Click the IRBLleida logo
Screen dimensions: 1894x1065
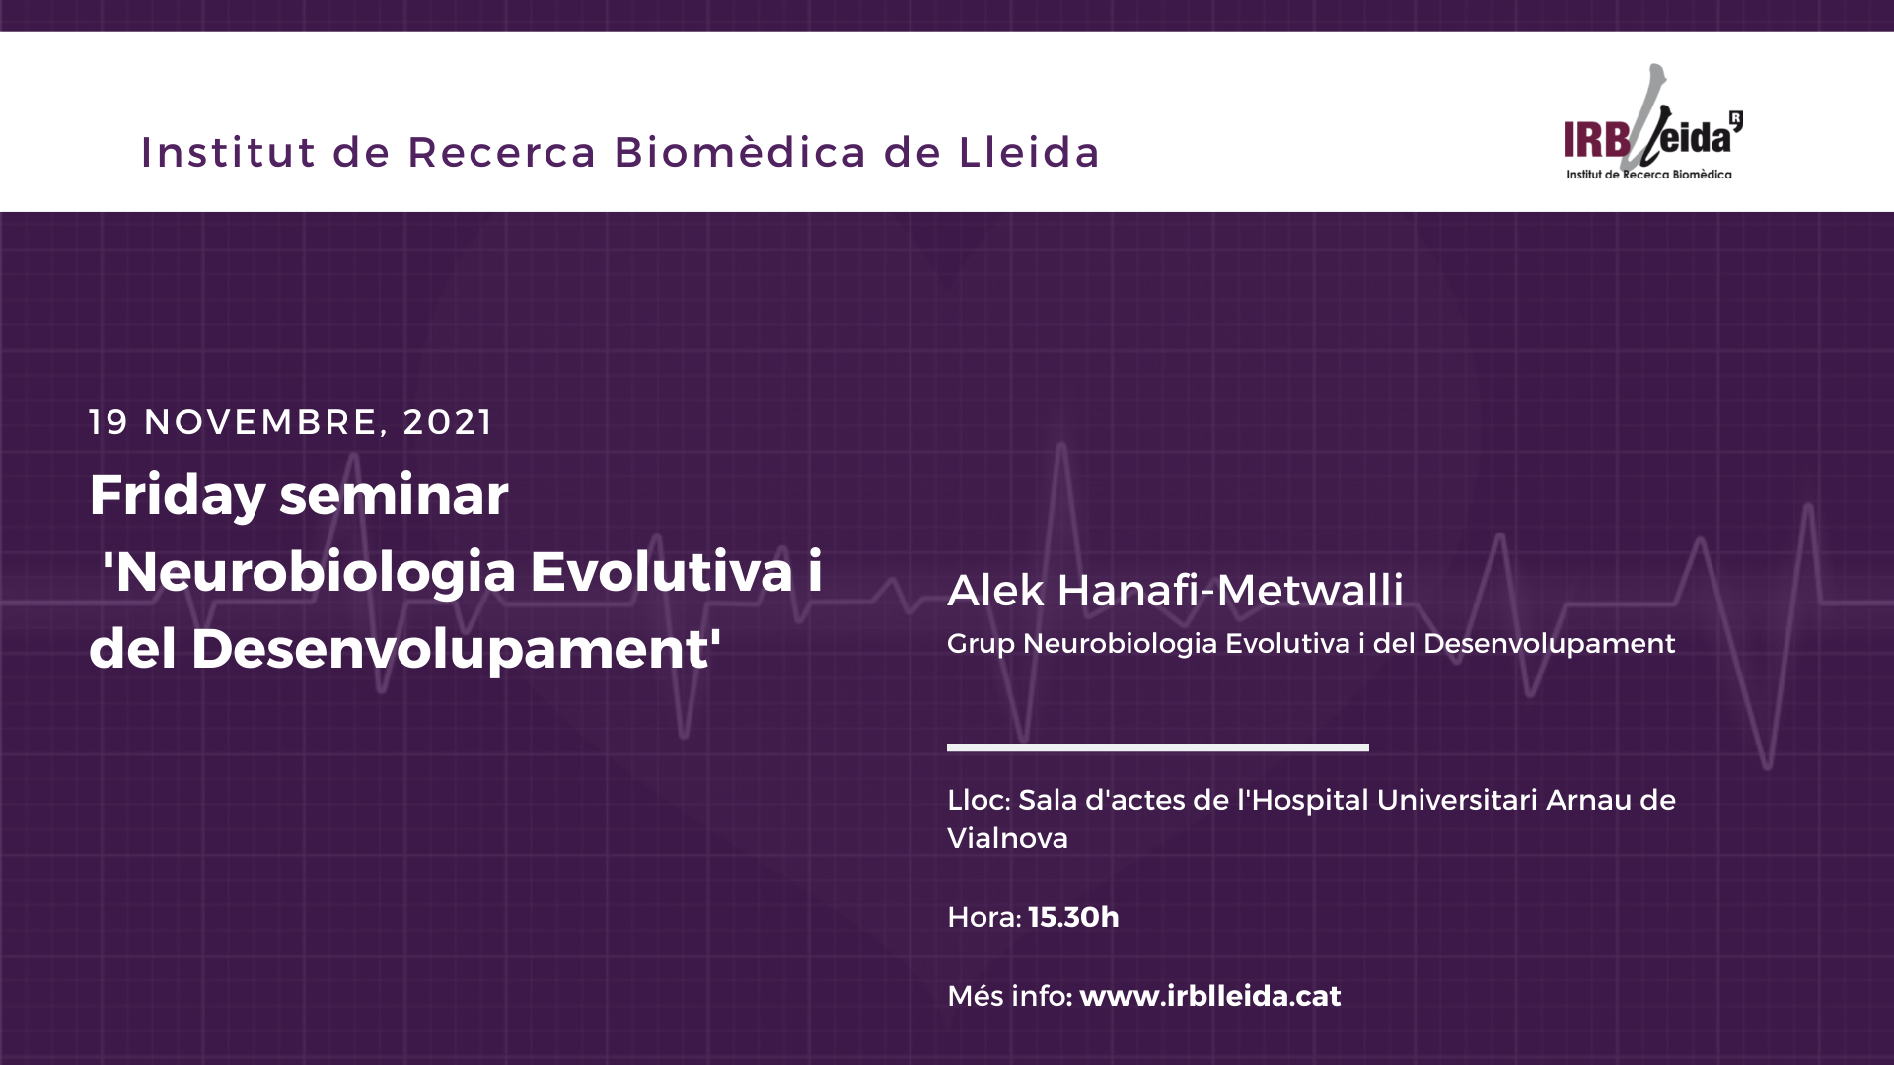click(x=1653, y=122)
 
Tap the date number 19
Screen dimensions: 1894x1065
click(x=109, y=422)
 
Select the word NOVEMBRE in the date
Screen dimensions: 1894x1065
click(x=261, y=422)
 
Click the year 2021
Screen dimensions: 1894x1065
click(x=448, y=422)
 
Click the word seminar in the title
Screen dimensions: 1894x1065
click(x=395, y=495)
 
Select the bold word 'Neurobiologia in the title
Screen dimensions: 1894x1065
click(x=310, y=573)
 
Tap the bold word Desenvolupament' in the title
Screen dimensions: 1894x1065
click(x=456, y=649)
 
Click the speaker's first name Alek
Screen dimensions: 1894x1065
click(x=995, y=590)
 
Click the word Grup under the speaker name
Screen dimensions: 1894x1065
click(x=981, y=645)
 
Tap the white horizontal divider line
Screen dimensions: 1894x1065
click(x=1158, y=747)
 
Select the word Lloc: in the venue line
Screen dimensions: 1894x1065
click(x=978, y=800)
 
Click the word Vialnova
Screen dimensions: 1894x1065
click(x=1007, y=838)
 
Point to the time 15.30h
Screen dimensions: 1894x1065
click(x=1073, y=917)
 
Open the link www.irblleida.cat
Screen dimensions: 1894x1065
click(x=1210, y=996)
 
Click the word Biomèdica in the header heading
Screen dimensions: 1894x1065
click(x=740, y=153)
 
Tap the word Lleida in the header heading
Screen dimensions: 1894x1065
click(x=1029, y=153)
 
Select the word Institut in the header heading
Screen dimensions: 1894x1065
click(x=228, y=153)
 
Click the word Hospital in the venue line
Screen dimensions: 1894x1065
click(x=1307, y=801)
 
